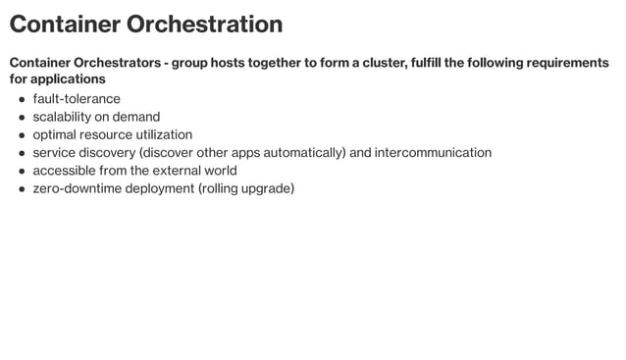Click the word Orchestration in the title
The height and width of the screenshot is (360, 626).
click(204, 25)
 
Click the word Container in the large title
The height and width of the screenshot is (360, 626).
click(65, 25)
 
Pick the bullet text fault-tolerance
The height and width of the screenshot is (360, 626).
click(77, 99)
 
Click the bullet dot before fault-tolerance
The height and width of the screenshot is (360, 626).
click(22, 100)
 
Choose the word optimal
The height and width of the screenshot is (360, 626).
click(56, 134)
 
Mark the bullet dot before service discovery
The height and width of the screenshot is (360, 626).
click(22, 153)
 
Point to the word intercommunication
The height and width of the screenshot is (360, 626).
click(433, 152)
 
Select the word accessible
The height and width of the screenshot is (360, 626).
click(64, 170)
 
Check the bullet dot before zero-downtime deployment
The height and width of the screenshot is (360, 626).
click(22, 188)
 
